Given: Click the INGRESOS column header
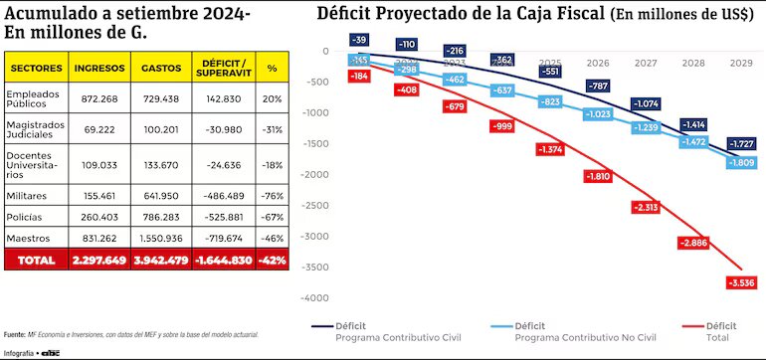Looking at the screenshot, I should click(99, 68).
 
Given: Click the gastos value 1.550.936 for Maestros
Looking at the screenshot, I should click(161, 239).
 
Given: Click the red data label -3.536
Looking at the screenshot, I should click(740, 283).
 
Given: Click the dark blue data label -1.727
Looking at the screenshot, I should click(740, 144).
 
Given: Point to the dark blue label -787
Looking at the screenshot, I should click(597, 87).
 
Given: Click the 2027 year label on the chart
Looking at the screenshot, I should click(646, 63).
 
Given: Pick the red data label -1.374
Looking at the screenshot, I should click(549, 149).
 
